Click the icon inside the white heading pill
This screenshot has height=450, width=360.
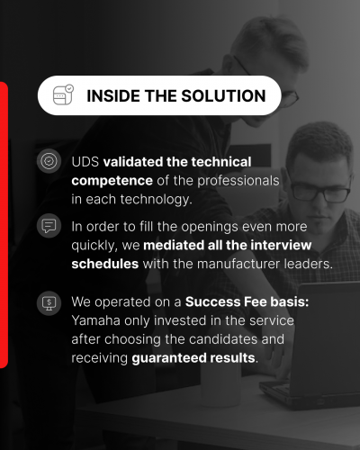(63, 95)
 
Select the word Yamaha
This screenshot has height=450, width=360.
(94, 321)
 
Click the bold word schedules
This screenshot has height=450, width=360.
(105, 265)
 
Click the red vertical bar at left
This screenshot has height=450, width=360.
(4, 225)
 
